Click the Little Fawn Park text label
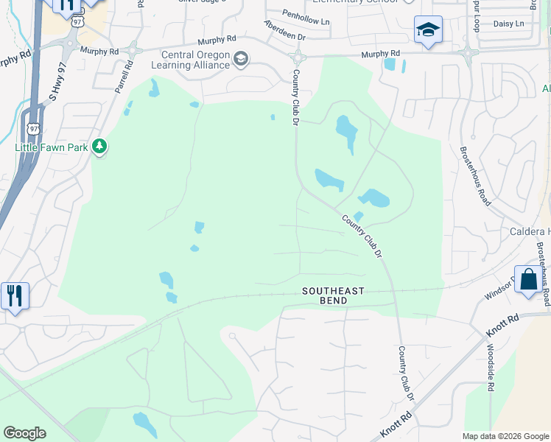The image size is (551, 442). [x=52, y=147]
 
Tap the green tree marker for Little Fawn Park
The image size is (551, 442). [x=100, y=147]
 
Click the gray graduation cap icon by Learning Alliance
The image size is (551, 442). [x=240, y=58]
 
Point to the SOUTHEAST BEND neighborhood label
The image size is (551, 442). [x=333, y=292]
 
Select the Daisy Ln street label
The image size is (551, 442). [x=508, y=24]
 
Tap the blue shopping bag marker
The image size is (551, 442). [x=528, y=280]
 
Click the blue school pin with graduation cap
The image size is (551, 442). [x=428, y=30]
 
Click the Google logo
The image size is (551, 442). [x=25, y=433]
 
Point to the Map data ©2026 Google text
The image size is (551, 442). [x=505, y=436]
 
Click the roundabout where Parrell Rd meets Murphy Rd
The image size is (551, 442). [x=133, y=50]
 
